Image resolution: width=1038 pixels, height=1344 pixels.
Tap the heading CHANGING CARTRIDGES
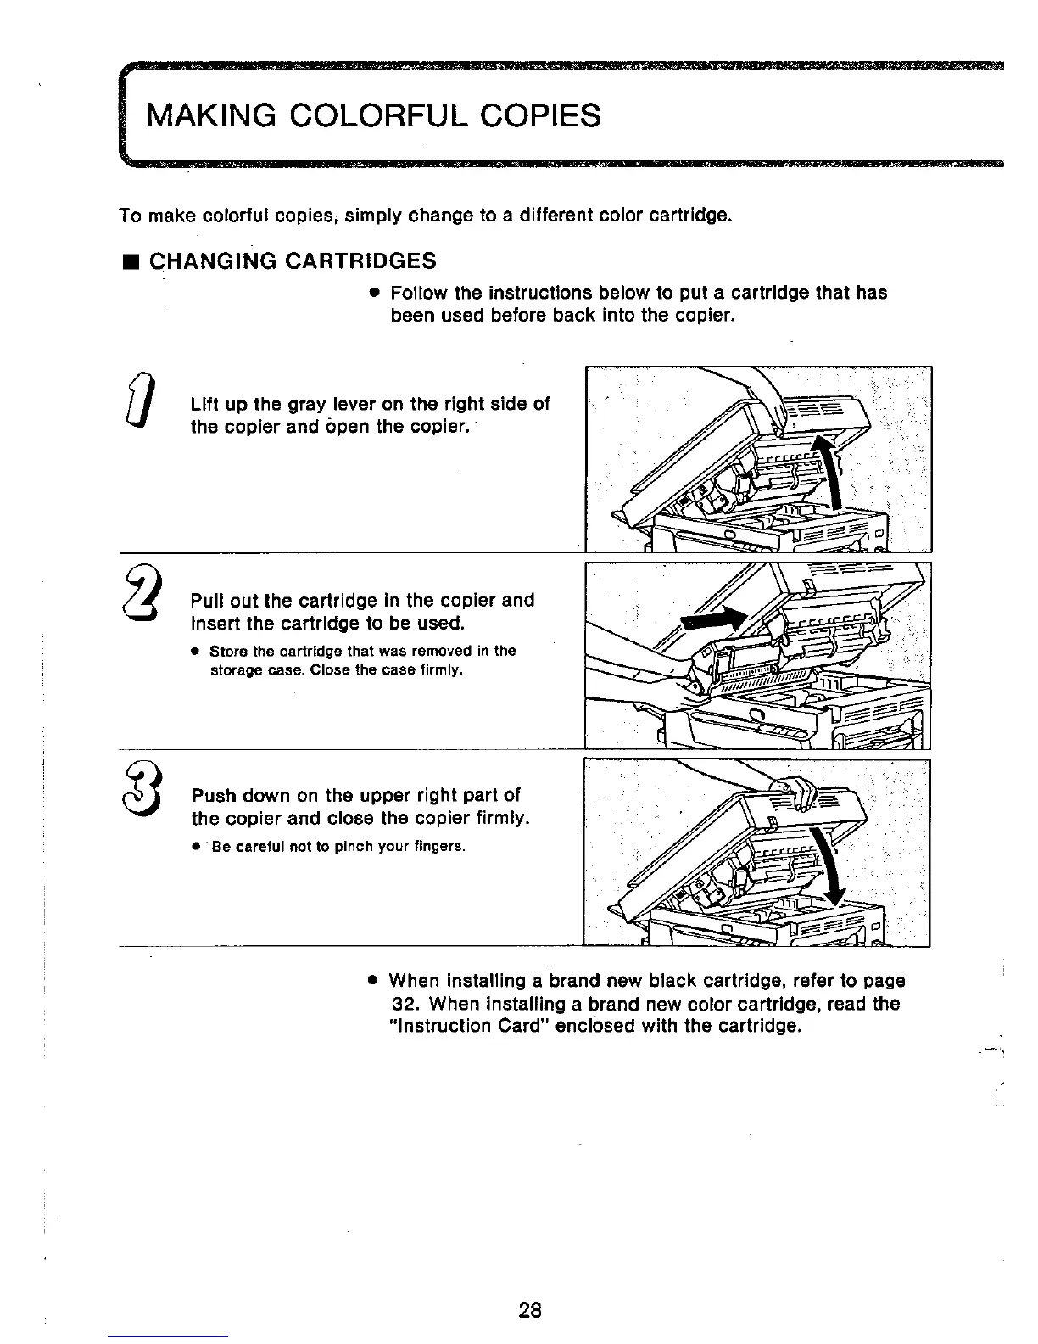click(x=293, y=260)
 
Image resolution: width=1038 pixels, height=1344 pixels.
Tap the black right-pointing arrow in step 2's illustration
click(x=718, y=619)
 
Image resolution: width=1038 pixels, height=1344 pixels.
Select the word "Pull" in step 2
click(x=208, y=601)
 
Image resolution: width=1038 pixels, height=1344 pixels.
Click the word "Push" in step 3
click(x=212, y=796)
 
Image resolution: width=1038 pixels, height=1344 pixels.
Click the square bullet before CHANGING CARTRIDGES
click(x=130, y=260)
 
